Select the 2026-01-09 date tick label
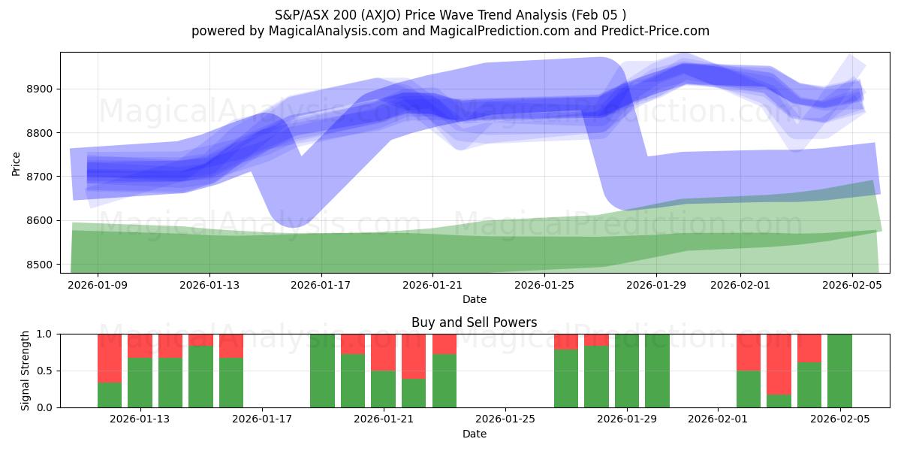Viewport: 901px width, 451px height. (x=98, y=285)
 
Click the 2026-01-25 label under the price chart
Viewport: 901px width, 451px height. (x=545, y=285)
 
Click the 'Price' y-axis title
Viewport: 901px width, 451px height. (x=17, y=162)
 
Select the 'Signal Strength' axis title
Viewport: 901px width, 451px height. (x=26, y=371)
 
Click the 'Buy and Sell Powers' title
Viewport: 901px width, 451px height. (x=474, y=322)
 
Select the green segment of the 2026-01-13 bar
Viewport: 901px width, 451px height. (x=140, y=382)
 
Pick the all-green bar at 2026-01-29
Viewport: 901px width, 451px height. (x=627, y=371)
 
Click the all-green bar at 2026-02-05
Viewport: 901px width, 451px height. (x=839, y=371)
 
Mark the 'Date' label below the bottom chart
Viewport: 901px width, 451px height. (x=474, y=434)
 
